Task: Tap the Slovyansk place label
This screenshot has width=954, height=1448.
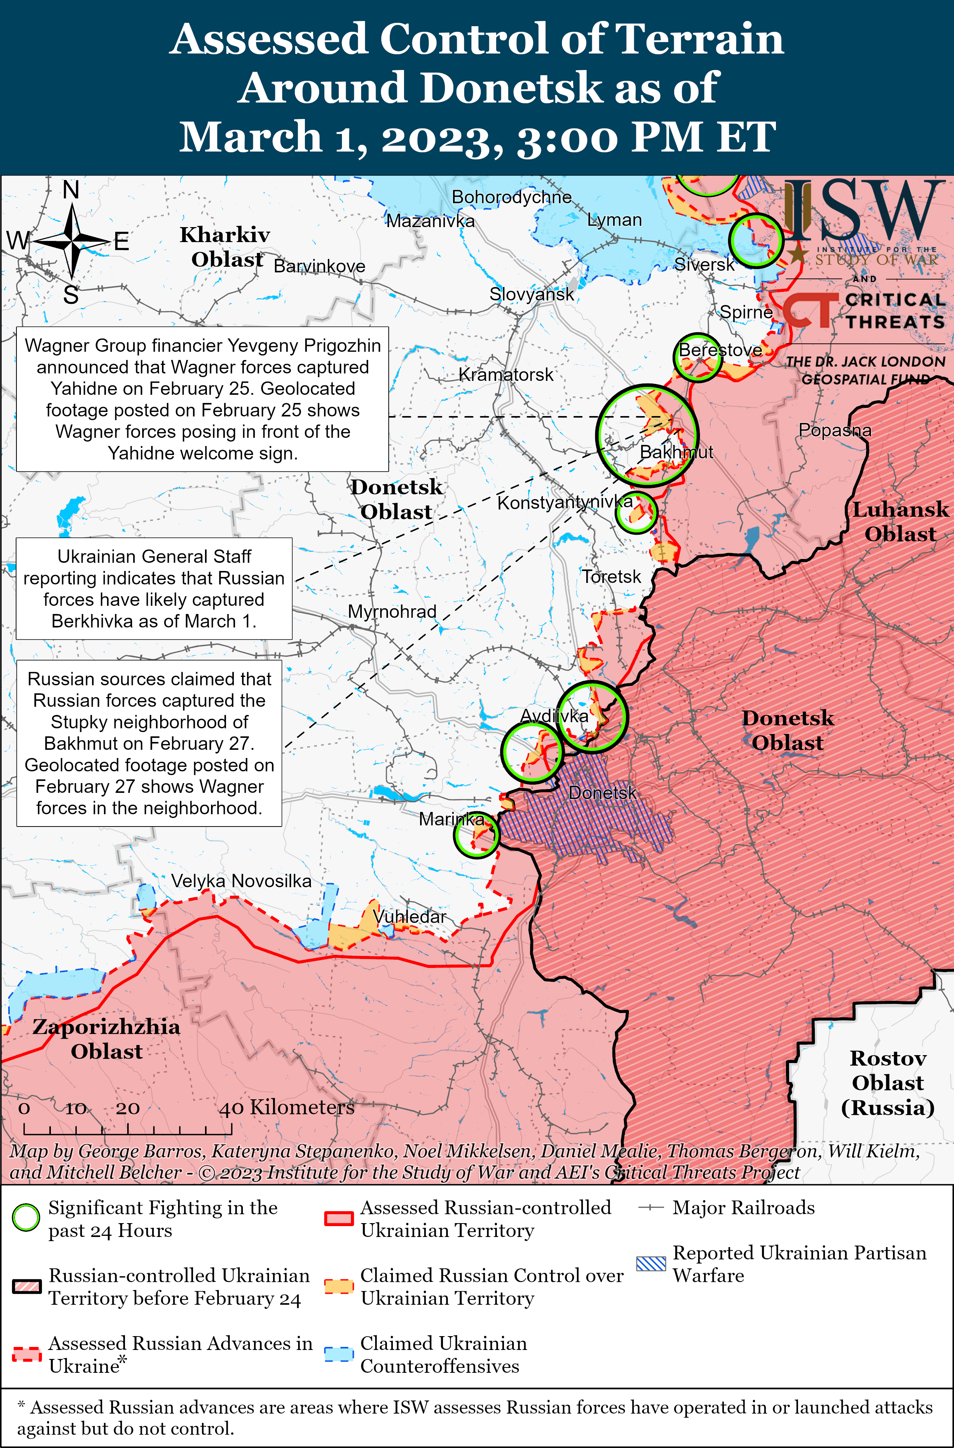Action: click(x=531, y=294)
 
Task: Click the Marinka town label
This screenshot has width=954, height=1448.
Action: click(x=451, y=819)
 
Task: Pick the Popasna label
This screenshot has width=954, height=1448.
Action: click(x=835, y=430)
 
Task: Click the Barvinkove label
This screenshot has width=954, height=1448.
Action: click(x=319, y=266)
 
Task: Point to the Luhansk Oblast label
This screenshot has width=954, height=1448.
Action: click(x=900, y=522)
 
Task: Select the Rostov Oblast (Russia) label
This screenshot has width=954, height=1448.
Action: click(x=888, y=1082)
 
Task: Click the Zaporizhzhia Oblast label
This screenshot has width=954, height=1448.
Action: click(x=107, y=1039)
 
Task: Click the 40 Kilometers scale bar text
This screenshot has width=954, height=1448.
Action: click(x=287, y=1107)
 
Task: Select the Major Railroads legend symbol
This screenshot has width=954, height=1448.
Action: click(x=650, y=1208)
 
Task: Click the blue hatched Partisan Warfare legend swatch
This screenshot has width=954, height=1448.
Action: click(x=650, y=1264)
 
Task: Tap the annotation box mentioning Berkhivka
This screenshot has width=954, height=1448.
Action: click(x=153, y=588)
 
